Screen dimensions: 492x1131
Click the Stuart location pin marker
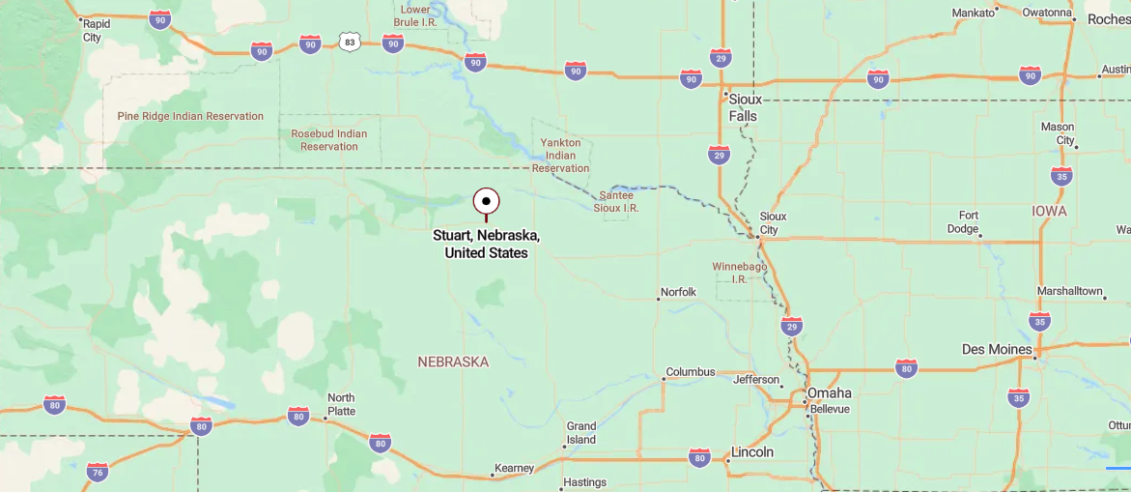tap(487, 201)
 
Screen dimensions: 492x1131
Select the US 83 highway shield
tap(350, 42)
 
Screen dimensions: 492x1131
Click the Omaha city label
tap(830, 392)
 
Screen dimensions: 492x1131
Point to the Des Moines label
tap(997, 349)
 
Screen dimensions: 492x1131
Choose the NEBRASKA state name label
tap(453, 362)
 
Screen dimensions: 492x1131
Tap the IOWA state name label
tap(1049, 211)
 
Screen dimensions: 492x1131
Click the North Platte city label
tap(341, 404)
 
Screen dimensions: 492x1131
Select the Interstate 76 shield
tap(98, 472)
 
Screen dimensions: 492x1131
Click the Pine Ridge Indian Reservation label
tap(190, 116)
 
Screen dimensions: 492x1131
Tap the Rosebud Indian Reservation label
tap(329, 140)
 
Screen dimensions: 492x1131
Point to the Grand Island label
tap(581, 432)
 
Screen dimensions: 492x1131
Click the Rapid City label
tap(94, 30)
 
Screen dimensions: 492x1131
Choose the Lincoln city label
tap(752, 451)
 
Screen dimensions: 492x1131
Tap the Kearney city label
tap(514, 468)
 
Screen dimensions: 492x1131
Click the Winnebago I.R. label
tap(739, 272)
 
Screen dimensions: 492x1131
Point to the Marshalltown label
tap(1069, 291)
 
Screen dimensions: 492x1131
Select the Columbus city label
tap(691, 371)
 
